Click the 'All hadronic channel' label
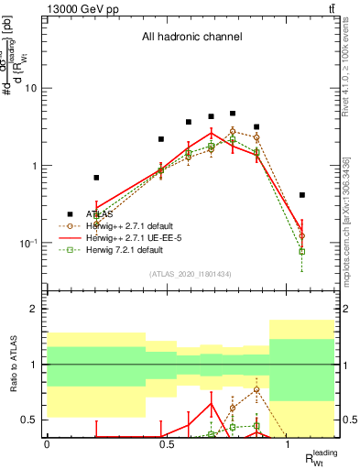[191, 38]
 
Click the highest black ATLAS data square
[234, 114]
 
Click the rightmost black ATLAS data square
[302, 195]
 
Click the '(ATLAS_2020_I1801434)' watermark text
[191, 274]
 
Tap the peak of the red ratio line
[212, 404]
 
